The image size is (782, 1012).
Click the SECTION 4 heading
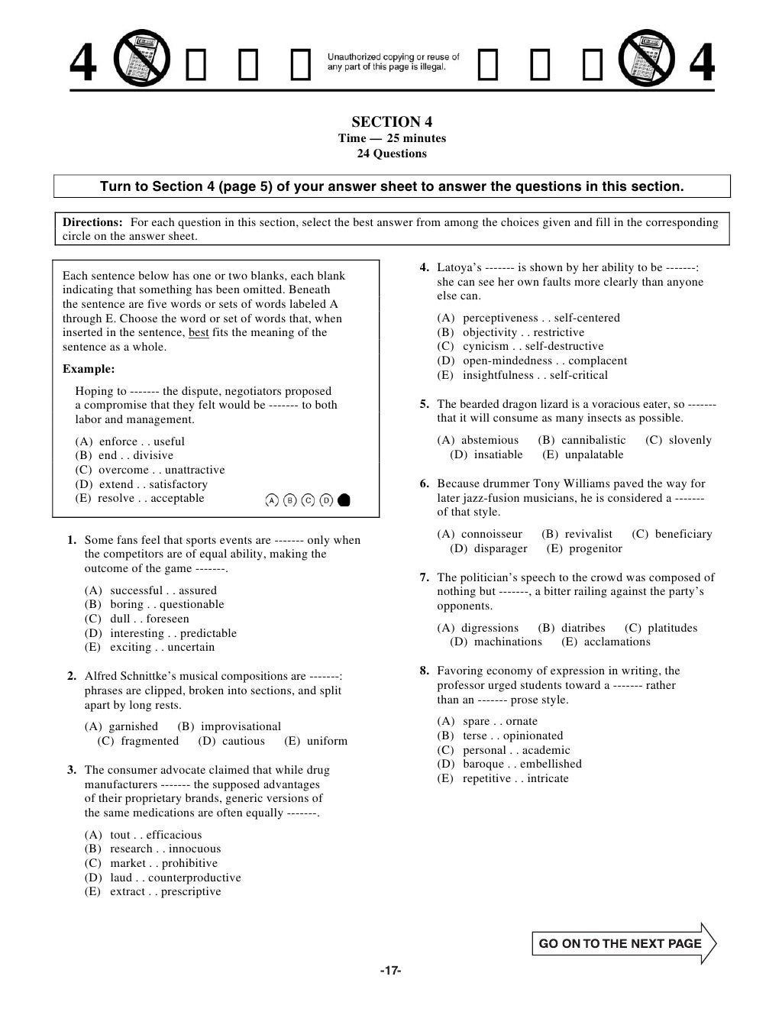pos(392,122)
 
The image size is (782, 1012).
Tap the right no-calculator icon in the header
pos(643,62)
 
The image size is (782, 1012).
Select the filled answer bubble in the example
pos(344,500)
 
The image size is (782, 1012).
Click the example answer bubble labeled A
pos(272,500)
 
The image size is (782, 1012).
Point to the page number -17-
pos(390,970)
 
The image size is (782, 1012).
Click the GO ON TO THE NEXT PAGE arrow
pos(623,943)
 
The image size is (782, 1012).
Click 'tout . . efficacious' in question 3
pos(155,835)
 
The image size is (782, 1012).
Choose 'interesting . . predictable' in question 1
pos(173,633)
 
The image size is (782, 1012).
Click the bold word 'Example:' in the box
pos(89,369)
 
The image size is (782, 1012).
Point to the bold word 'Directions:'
pos(92,222)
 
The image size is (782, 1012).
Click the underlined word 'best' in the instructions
pos(198,332)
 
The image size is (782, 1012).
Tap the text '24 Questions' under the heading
pos(392,154)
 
